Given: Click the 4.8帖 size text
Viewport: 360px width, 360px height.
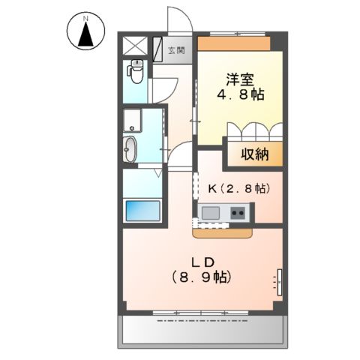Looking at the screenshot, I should point(240,95).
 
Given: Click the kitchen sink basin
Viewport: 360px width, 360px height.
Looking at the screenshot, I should point(209,213).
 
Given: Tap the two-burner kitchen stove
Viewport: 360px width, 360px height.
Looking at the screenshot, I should point(238,214).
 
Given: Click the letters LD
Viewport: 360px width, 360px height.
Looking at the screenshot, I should point(204,262).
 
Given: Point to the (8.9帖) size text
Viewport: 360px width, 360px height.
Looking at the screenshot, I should point(204,277).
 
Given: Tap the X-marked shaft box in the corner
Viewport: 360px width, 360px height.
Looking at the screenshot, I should point(135,43).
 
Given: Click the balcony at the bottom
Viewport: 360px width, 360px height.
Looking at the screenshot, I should point(202,328).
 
